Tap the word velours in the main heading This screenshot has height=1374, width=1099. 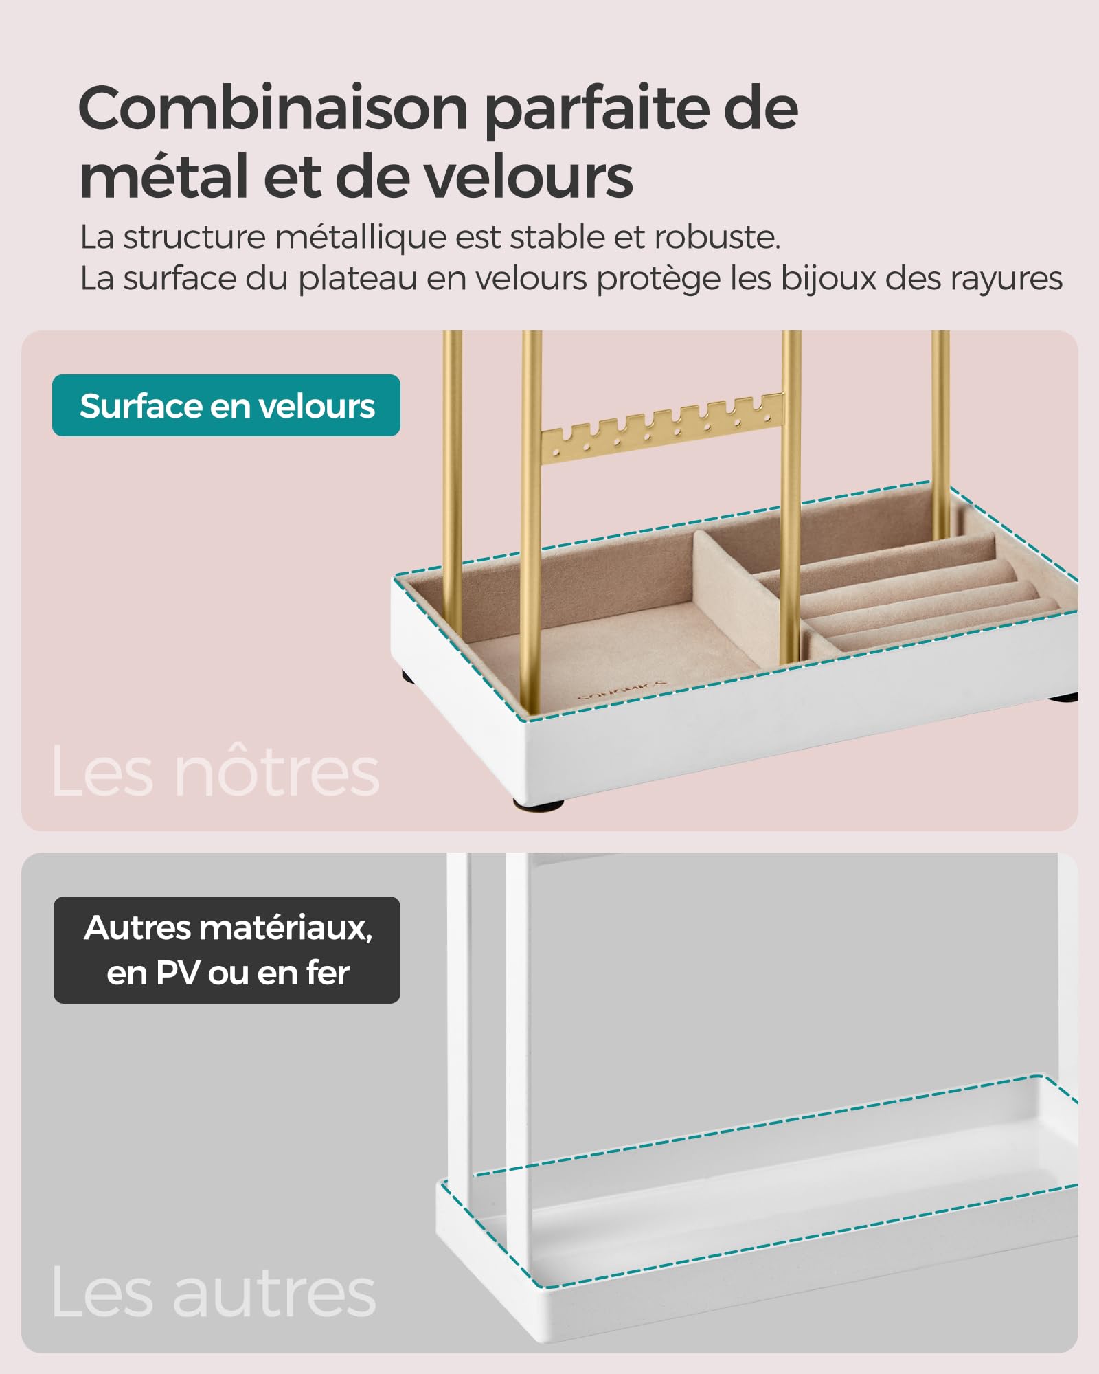click(527, 177)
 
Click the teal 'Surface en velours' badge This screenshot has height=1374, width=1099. click(226, 405)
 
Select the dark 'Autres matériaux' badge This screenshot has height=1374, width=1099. click(227, 949)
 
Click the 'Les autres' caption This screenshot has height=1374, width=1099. click(214, 1292)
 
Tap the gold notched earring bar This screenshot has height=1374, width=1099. click(662, 427)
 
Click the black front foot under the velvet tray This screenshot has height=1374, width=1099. click(537, 802)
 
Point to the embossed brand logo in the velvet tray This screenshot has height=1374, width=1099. click(622, 690)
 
